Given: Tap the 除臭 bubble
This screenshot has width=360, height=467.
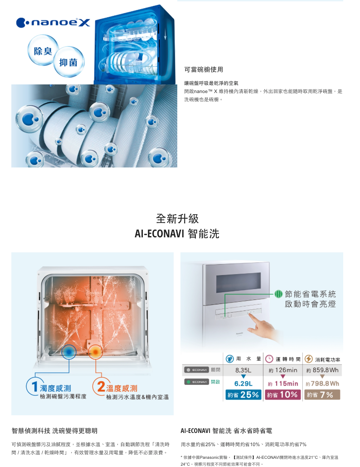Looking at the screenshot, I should (42, 51).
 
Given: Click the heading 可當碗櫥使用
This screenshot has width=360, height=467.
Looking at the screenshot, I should (204, 69).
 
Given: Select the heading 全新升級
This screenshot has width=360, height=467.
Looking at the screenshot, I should (177, 219).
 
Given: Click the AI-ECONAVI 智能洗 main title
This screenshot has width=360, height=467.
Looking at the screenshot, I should (177, 234).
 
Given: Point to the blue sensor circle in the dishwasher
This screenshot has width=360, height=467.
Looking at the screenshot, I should (69, 352).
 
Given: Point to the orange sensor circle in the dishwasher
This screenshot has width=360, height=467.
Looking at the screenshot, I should (96, 352).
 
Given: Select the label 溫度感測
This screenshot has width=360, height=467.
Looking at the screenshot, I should (122, 388).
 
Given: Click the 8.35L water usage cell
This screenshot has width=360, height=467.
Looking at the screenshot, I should (243, 370).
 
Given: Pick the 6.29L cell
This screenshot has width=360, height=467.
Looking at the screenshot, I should (243, 384).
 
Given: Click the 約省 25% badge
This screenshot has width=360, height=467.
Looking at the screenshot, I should (243, 395).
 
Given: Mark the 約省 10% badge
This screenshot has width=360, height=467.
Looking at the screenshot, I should (282, 395).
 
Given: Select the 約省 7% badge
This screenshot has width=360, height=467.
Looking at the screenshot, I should (322, 395).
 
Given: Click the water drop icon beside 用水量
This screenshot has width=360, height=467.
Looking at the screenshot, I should (230, 359).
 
